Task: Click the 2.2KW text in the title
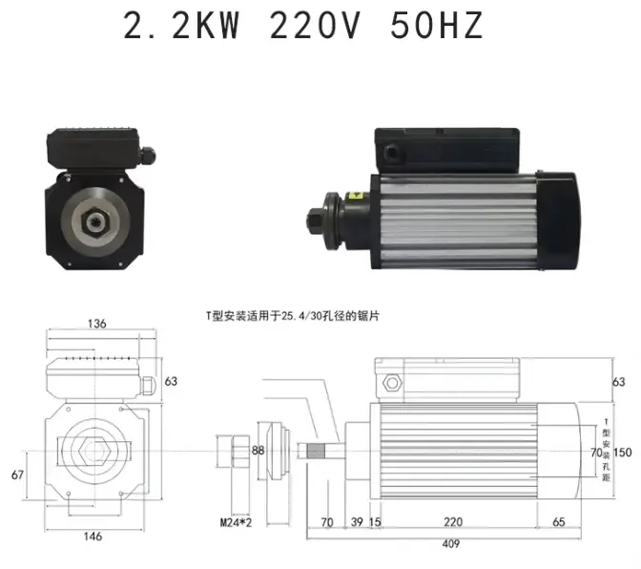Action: tap(181, 26)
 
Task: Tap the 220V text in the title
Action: tap(315, 26)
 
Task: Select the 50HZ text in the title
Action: tap(437, 26)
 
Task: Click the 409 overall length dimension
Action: tap(450, 543)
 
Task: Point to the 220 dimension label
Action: tap(453, 521)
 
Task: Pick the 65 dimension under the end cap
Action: tap(558, 521)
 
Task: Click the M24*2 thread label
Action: tap(236, 522)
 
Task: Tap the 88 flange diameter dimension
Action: tap(258, 451)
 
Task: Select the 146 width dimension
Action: tap(93, 537)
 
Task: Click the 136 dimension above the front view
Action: tap(97, 324)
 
